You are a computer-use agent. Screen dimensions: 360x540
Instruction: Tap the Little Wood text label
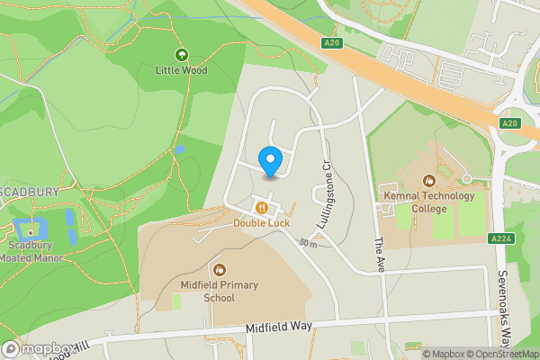[x=181, y=68]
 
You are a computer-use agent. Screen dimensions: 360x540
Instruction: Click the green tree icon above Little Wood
[x=181, y=55]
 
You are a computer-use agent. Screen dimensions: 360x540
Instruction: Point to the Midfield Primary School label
[x=219, y=292]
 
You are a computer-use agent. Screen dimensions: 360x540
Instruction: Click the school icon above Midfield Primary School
[x=219, y=270]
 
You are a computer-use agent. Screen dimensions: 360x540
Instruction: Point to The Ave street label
[x=379, y=256]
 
